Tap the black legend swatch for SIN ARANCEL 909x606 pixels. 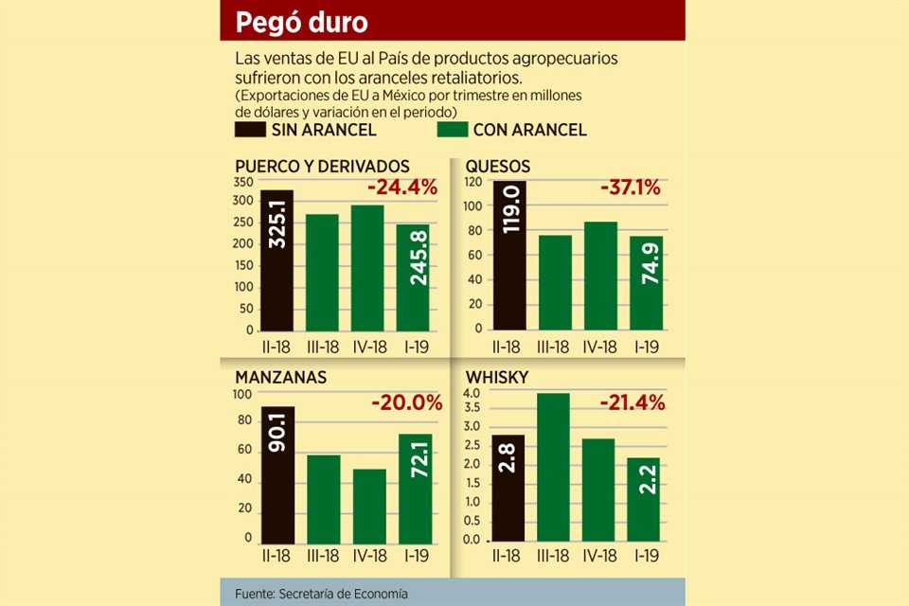pyautogui.click(x=250, y=130)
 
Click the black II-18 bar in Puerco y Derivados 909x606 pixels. pyautogui.click(x=276, y=260)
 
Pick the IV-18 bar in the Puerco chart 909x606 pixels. pyautogui.click(x=368, y=268)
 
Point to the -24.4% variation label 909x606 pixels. pyautogui.click(x=401, y=187)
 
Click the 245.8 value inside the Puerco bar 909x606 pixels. pyautogui.click(x=413, y=284)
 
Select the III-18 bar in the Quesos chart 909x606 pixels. pyautogui.click(x=555, y=282)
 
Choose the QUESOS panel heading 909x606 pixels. pyautogui.click(x=498, y=167)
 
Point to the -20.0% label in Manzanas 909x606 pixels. pyautogui.click(x=406, y=402)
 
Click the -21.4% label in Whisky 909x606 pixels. pyautogui.click(x=632, y=402)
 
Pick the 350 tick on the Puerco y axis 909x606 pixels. pyautogui.click(x=243, y=182)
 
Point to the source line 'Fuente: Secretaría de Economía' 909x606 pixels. pyautogui.click(x=322, y=593)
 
